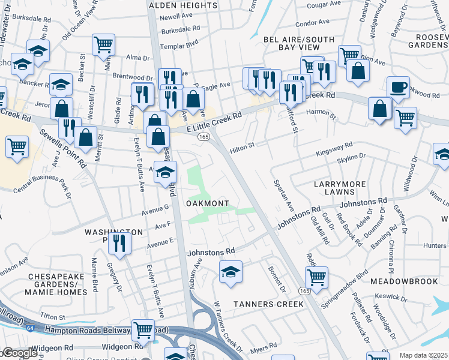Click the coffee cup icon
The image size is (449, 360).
tap(398, 88)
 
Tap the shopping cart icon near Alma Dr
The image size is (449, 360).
tap(103, 44)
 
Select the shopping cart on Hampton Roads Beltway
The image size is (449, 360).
tap(143, 329)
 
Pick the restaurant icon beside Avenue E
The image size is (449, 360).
tap(119, 243)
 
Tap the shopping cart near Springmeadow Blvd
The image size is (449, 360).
tap(316, 277)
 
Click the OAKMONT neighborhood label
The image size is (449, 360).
tap(207, 204)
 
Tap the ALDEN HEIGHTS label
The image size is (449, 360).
tap(183, 5)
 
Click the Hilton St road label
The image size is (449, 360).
tap(243, 145)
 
